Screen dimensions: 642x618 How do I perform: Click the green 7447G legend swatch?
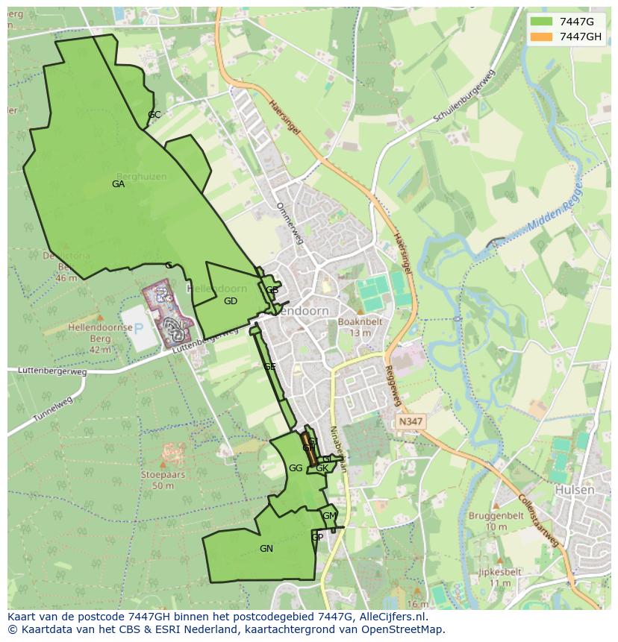point(542,22)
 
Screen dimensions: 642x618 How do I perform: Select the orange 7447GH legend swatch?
point(542,37)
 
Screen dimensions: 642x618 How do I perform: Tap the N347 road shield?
point(410,421)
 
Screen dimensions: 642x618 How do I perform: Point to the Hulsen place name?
point(575,490)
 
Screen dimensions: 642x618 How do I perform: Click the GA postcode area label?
point(118,184)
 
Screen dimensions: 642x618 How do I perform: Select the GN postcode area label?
point(266,549)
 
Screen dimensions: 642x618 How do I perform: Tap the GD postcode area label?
point(230,301)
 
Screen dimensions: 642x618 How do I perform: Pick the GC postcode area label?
point(154,115)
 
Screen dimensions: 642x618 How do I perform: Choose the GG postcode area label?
point(296,468)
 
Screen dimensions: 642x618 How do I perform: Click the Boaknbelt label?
point(360,322)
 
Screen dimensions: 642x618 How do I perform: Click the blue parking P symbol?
point(138,328)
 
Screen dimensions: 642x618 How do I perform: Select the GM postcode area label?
point(329,516)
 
